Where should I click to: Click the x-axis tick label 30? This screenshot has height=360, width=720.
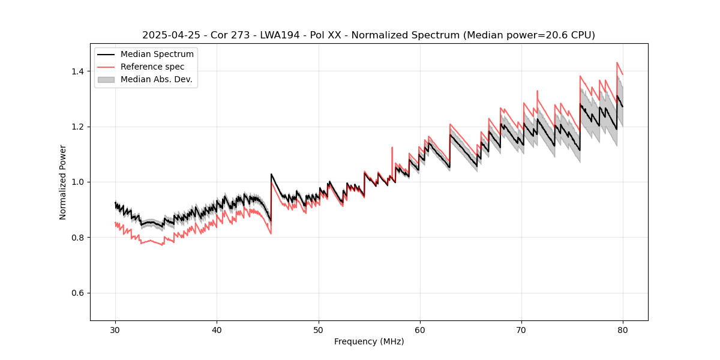pos(115,330)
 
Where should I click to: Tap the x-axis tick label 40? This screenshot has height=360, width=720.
pos(217,330)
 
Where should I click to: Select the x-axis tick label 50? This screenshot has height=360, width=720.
pos(318,330)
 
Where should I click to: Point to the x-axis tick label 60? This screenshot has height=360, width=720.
pos(419,330)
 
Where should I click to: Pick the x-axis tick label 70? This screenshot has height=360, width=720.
pos(521,330)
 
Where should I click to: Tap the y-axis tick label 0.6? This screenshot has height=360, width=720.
pos(78,293)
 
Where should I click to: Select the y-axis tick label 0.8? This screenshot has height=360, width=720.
pos(78,238)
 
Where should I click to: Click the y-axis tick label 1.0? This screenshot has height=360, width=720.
pos(78,182)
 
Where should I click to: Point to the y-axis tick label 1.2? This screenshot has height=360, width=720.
pos(78,127)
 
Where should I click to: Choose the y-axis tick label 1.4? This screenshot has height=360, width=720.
pos(78,71)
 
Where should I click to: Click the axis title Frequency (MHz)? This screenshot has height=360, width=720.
pos(369,341)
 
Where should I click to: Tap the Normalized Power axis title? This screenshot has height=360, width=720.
pos(63,182)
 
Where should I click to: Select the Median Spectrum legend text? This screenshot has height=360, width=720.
pos(157,55)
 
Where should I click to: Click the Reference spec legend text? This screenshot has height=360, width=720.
pos(152,67)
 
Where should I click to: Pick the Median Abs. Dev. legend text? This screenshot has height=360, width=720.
pos(157,79)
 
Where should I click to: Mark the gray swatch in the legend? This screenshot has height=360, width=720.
pos(107,79)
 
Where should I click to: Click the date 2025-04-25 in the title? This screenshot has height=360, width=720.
pos(169,35)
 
